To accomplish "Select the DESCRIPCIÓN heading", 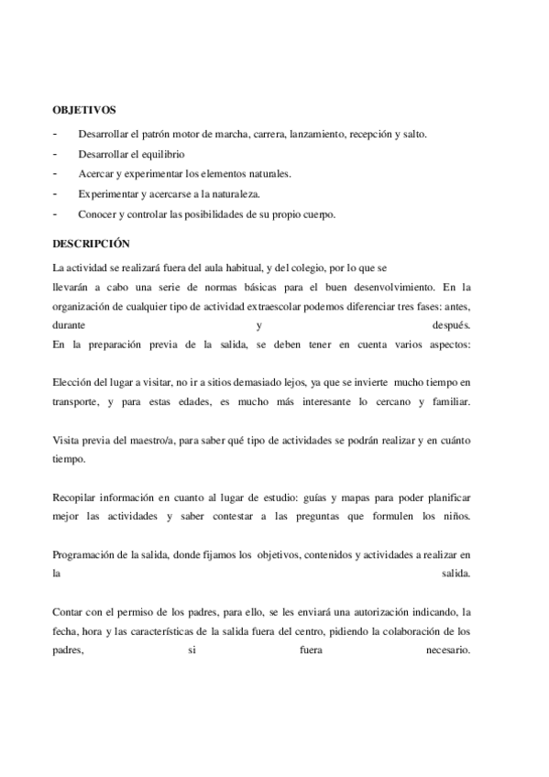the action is pyautogui.click(x=92, y=245).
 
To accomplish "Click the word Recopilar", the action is pyautogui.click(x=77, y=497).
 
